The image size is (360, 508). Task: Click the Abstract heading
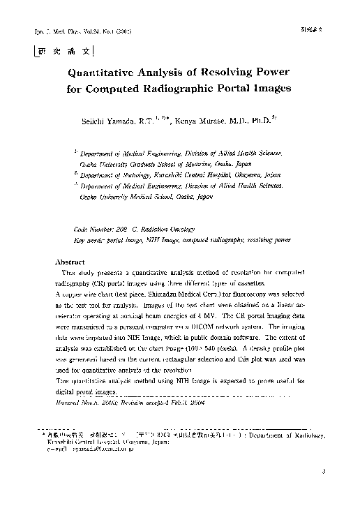pyautogui.click(x=69, y=262)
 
